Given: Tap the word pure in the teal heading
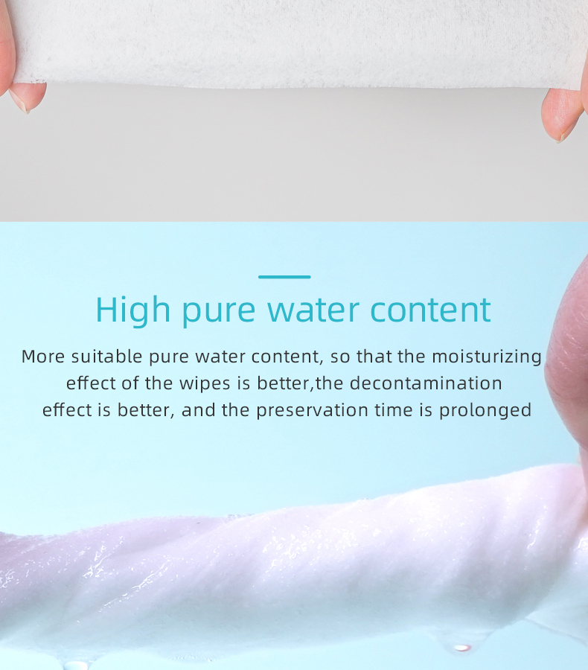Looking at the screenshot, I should pos(217,311).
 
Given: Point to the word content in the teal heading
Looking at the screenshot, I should pos(431,310).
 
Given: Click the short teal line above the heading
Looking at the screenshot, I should pos(284,277).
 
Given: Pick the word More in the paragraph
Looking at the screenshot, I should pos(43,357).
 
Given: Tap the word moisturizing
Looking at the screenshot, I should pos(487,357).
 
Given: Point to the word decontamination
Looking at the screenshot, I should pos(426,383).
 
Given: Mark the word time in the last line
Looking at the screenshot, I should pos(394,410).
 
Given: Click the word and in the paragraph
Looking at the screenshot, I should pos(198,410).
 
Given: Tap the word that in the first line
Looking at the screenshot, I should pos(374,357).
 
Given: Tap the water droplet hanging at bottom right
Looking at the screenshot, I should pos(462,647).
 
